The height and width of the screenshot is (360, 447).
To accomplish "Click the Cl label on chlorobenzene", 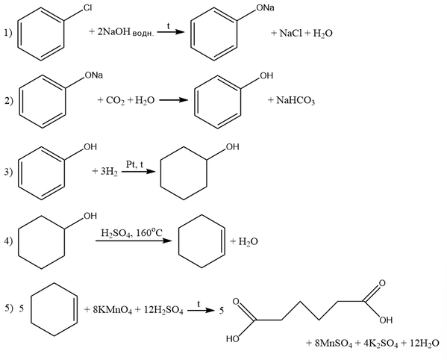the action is (87, 8).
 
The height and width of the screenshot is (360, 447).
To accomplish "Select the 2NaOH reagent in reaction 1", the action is (113, 31).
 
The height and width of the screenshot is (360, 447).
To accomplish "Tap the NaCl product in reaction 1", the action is (290, 33).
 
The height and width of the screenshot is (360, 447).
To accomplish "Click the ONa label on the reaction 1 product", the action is (265, 8).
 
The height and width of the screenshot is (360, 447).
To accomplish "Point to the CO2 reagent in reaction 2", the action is (115, 100).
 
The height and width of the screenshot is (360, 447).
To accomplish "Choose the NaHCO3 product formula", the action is (296, 100).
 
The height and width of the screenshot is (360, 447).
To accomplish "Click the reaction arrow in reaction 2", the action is (174, 100).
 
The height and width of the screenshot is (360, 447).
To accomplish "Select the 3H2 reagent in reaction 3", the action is (109, 172).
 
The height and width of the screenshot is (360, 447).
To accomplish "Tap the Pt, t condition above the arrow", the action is (134, 164).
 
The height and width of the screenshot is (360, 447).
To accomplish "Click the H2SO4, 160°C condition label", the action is (131, 233).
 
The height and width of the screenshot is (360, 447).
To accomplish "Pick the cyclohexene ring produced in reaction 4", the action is (201, 241).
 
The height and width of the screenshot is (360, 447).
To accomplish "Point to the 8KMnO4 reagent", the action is (113, 310).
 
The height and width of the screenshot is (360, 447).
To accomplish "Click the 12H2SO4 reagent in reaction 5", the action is (163, 310).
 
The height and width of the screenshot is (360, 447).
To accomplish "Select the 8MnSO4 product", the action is (334, 343).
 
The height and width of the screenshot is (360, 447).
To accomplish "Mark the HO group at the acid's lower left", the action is (233, 338).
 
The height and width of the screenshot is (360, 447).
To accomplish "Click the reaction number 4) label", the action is (8, 241).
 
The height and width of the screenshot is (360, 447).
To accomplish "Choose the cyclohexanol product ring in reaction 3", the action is (184, 173).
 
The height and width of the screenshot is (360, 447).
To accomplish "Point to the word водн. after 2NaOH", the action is (143, 34).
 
